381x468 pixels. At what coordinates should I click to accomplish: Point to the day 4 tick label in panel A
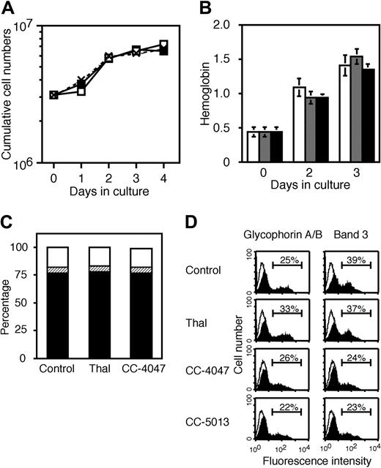click(165, 178)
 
